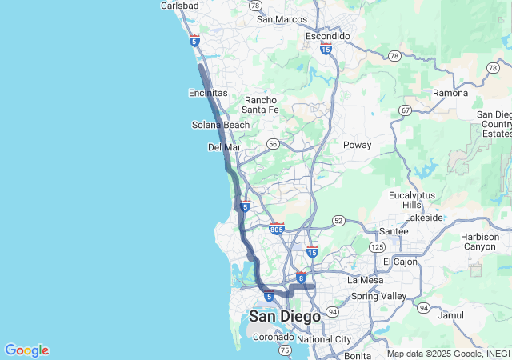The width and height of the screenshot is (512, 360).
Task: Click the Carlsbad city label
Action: [x=179, y=5]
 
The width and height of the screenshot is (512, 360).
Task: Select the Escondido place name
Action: [x=328, y=36]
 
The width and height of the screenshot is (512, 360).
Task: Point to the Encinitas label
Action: [x=208, y=93]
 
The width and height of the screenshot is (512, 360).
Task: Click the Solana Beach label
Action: [x=221, y=125]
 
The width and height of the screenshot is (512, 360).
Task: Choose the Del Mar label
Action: [x=225, y=147]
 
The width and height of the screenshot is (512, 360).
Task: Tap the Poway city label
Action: [x=357, y=145]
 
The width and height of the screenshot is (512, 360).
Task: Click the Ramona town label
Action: [x=450, y=93]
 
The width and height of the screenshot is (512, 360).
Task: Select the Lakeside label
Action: [x=424, y=217]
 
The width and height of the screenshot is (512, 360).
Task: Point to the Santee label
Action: [x=393, y=231]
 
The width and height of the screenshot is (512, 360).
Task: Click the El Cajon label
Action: [x=400, y=262]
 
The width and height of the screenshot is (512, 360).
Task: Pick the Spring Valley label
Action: [x=379, y=296]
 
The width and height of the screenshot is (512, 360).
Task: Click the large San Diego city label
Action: [x=285, y=317]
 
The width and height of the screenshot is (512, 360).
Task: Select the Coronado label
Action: [x=273, y=338]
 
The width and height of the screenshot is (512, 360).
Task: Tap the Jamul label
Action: [x=451, y=315]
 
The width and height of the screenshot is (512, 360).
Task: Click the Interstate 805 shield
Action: [x=277, y=230]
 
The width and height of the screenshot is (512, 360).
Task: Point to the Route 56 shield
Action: [x=274, y=144]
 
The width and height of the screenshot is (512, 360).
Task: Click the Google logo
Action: [x=26, y=350]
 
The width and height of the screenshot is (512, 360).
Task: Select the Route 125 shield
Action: [x=377, y=247]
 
